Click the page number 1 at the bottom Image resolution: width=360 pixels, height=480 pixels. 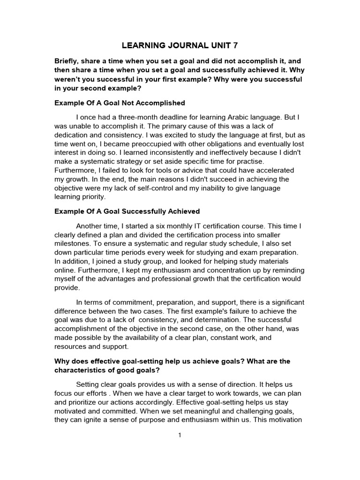(180, 435)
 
